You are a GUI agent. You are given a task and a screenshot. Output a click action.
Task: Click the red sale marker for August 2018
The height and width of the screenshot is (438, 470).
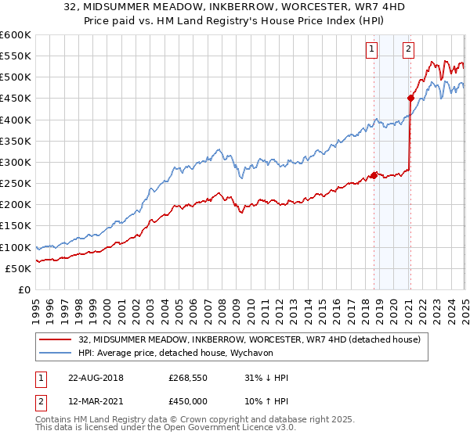pos(374,174)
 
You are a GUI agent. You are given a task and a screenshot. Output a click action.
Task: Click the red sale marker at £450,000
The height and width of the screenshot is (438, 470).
pos(410,98)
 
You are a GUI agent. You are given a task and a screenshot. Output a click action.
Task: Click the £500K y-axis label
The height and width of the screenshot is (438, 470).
pos(16,77)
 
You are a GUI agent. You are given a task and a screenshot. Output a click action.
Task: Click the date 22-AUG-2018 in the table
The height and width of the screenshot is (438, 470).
pos(96,378)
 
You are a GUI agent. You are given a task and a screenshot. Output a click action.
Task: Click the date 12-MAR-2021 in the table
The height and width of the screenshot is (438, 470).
pos(96,400)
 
